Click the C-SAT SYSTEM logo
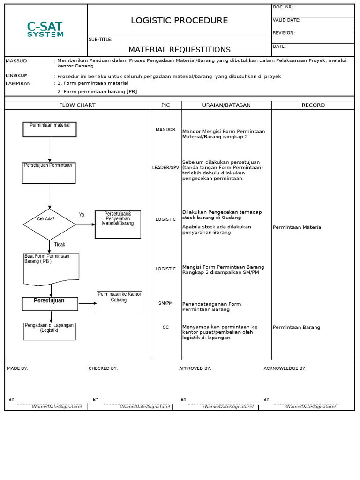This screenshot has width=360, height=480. click(45, 29)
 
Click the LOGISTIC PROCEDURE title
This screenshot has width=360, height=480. click(179, 21)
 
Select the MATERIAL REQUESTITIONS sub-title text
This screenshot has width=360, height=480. click(179, 50)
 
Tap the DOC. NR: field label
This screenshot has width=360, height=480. click(283, 7)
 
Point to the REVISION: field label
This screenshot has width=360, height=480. click(284, 33)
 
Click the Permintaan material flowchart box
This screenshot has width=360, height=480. click(50, 129)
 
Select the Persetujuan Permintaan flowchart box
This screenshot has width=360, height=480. click(49, 172)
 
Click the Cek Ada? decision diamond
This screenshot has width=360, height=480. click(49, 224)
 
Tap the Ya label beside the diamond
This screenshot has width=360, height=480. click(82, 215)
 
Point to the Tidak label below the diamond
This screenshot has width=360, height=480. click(60, 245)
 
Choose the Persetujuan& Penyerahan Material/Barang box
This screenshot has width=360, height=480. click(118, 224)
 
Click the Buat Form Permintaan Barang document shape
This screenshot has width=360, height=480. click(51, 269)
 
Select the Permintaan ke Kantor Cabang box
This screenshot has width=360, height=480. click(120, 302)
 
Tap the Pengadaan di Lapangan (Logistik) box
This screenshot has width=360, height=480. click(49, 331)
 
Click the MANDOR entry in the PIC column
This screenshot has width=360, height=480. click(165, 130)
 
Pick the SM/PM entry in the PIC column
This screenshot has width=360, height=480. click(165, 303)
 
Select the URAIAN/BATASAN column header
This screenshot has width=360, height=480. click(226, 105)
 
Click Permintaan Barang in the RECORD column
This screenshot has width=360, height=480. click(296, 327)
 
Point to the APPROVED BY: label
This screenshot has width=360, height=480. click(195, 368)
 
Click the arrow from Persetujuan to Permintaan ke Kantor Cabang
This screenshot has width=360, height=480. click(87, 304)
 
